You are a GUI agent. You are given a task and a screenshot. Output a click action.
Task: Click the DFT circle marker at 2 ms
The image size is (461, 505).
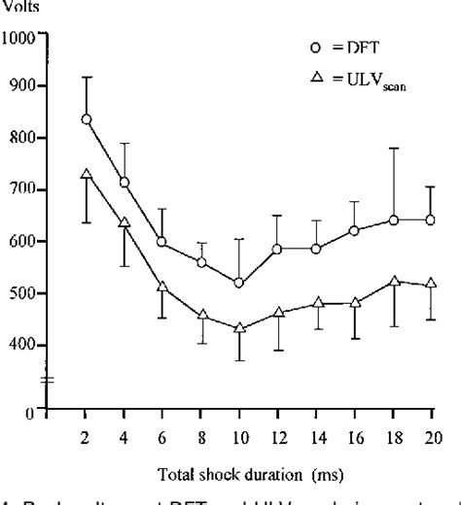point(87,119)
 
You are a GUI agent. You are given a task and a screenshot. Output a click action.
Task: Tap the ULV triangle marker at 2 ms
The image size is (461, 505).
point(87,175)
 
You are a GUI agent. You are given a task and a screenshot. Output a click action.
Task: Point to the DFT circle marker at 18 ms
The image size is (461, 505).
point(394,219)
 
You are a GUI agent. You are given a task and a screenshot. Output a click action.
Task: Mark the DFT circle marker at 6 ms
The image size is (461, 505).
point(162,242)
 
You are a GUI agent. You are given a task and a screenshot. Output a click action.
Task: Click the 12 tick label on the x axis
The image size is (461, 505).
point(278,434)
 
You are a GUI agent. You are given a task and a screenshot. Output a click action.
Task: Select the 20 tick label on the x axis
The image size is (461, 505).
point(431,434)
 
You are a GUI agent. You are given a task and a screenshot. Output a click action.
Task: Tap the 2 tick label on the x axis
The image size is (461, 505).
point(87,434)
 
